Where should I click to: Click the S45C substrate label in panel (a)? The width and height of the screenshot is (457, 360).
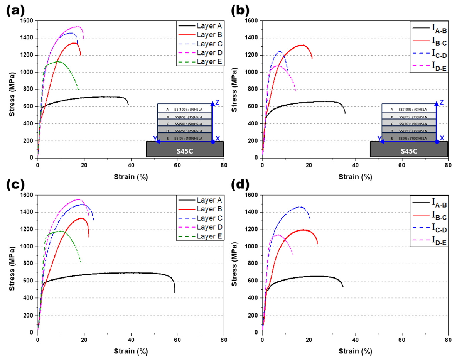click(185, 150)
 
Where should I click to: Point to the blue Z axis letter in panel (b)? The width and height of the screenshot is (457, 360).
click(442, 102)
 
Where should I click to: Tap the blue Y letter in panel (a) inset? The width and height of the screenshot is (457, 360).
click(155, 138)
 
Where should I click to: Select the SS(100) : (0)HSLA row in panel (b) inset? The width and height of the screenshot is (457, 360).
click(409, 109)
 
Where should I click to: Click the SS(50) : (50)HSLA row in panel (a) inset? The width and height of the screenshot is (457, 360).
click(185, 123)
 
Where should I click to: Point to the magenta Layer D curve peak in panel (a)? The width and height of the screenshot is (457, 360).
click(78, 27)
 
